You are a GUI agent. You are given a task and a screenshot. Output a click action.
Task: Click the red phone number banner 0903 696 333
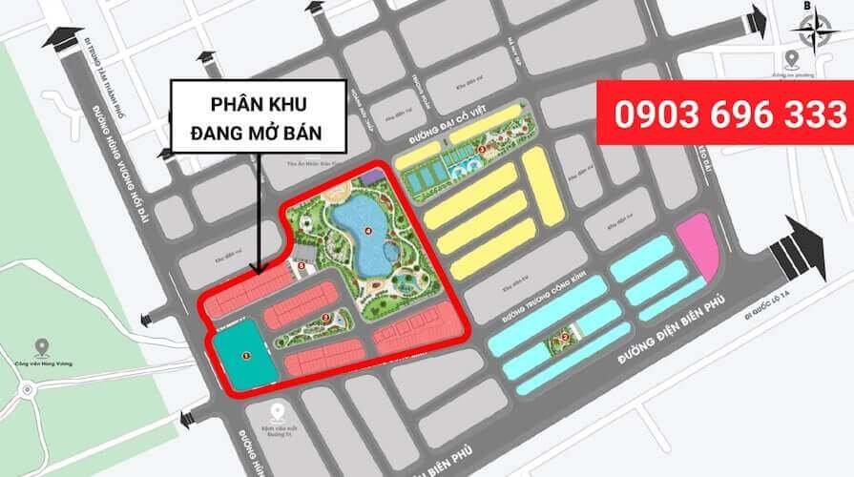723,114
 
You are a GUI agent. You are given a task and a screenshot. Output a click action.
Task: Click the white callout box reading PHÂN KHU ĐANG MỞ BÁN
258,115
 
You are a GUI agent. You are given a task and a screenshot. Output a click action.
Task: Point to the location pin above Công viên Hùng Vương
41,347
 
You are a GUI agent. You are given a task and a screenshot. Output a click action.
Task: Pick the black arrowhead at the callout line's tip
256,271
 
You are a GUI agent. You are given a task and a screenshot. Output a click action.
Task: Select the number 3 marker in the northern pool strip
481,149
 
